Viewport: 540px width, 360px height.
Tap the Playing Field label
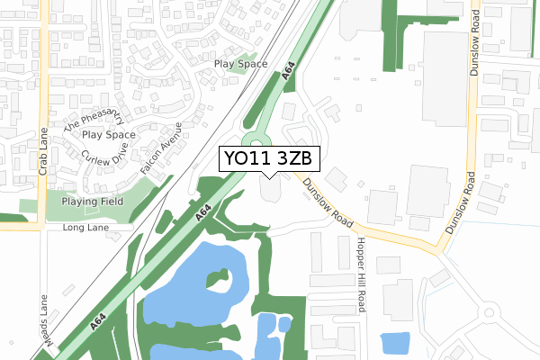click(92, 202)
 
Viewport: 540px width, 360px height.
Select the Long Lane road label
click(85, 229)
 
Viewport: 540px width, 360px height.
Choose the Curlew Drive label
click(107, 158)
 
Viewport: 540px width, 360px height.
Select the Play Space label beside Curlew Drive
click(109, 135)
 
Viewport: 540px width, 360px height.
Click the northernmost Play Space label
click(241, 64)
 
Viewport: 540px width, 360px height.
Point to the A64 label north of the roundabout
click(289, 76)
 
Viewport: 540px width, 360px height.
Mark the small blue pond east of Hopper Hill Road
click(395, 344)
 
